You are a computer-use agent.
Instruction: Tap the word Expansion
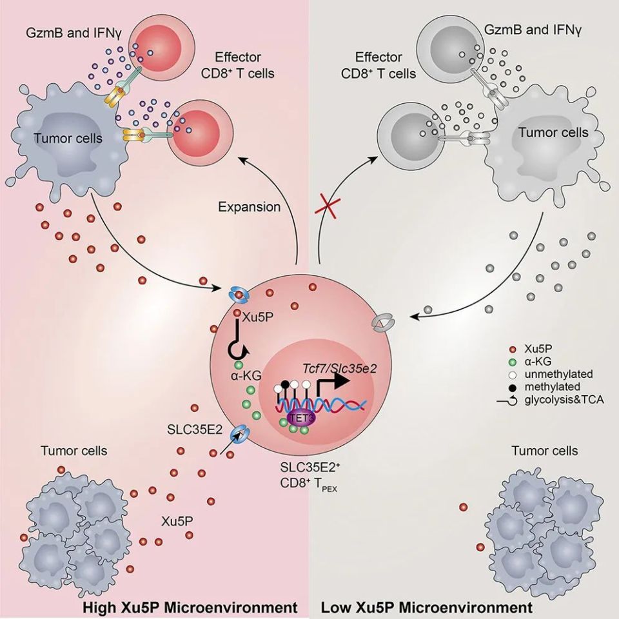(249, 208)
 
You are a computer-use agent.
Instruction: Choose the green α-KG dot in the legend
(511, 361)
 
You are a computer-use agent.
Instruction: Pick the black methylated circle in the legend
(511, 387)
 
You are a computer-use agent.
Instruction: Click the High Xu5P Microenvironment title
(190, 607)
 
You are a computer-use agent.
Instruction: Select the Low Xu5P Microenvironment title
(426, 607)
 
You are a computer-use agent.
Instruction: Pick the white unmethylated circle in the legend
(511, 374)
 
